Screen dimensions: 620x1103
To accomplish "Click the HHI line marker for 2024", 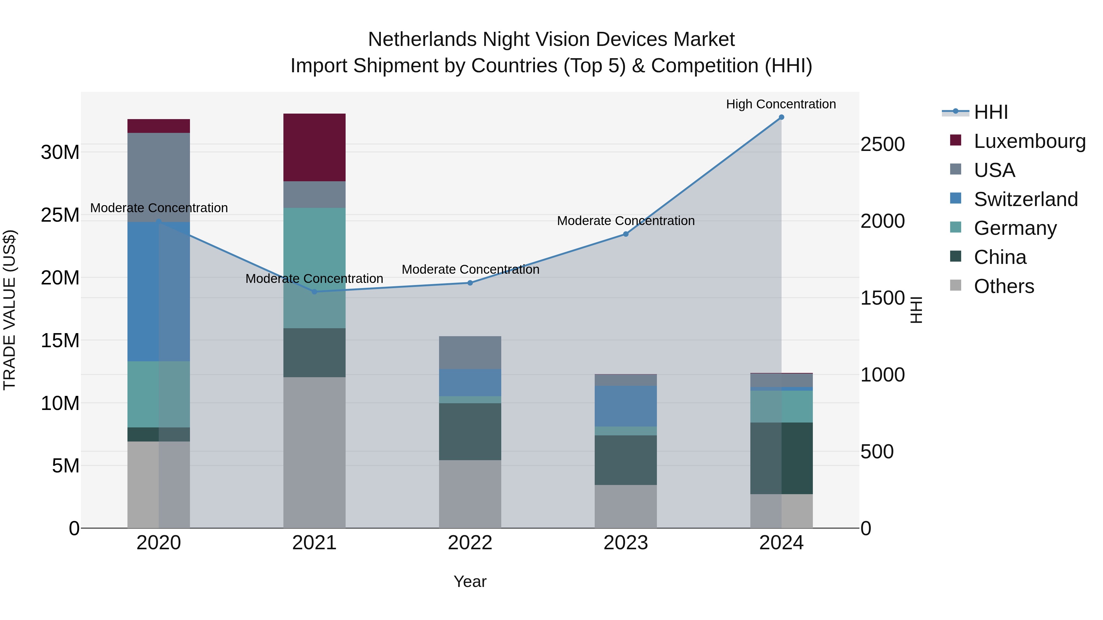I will click(781, 117).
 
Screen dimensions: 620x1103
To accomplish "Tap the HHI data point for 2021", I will click(314, 292).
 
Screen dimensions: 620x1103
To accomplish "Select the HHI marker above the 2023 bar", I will click(626, 234).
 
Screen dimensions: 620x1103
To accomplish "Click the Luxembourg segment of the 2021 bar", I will click(314, 148).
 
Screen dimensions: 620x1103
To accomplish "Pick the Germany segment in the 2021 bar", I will click(314, 268).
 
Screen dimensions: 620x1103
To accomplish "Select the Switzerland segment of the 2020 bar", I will click(158, 291).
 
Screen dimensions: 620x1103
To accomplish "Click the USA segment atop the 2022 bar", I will click(470, 353).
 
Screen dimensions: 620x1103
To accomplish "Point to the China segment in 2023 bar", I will click(626, 460).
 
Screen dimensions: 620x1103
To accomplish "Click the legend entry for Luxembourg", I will click(1029, 141).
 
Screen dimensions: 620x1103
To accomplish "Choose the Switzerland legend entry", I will click(1025, 199).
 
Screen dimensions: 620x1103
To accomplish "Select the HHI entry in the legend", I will click(990, 112).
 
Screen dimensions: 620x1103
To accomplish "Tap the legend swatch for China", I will click(955, 257).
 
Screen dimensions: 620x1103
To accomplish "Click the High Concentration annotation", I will click(781, 104).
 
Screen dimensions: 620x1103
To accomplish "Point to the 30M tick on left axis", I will click(60, 152).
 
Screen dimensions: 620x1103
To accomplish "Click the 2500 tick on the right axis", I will click(882, 145).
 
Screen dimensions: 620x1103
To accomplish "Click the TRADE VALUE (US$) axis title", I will click(9, 310).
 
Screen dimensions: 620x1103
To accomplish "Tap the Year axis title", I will click(470, 581).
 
